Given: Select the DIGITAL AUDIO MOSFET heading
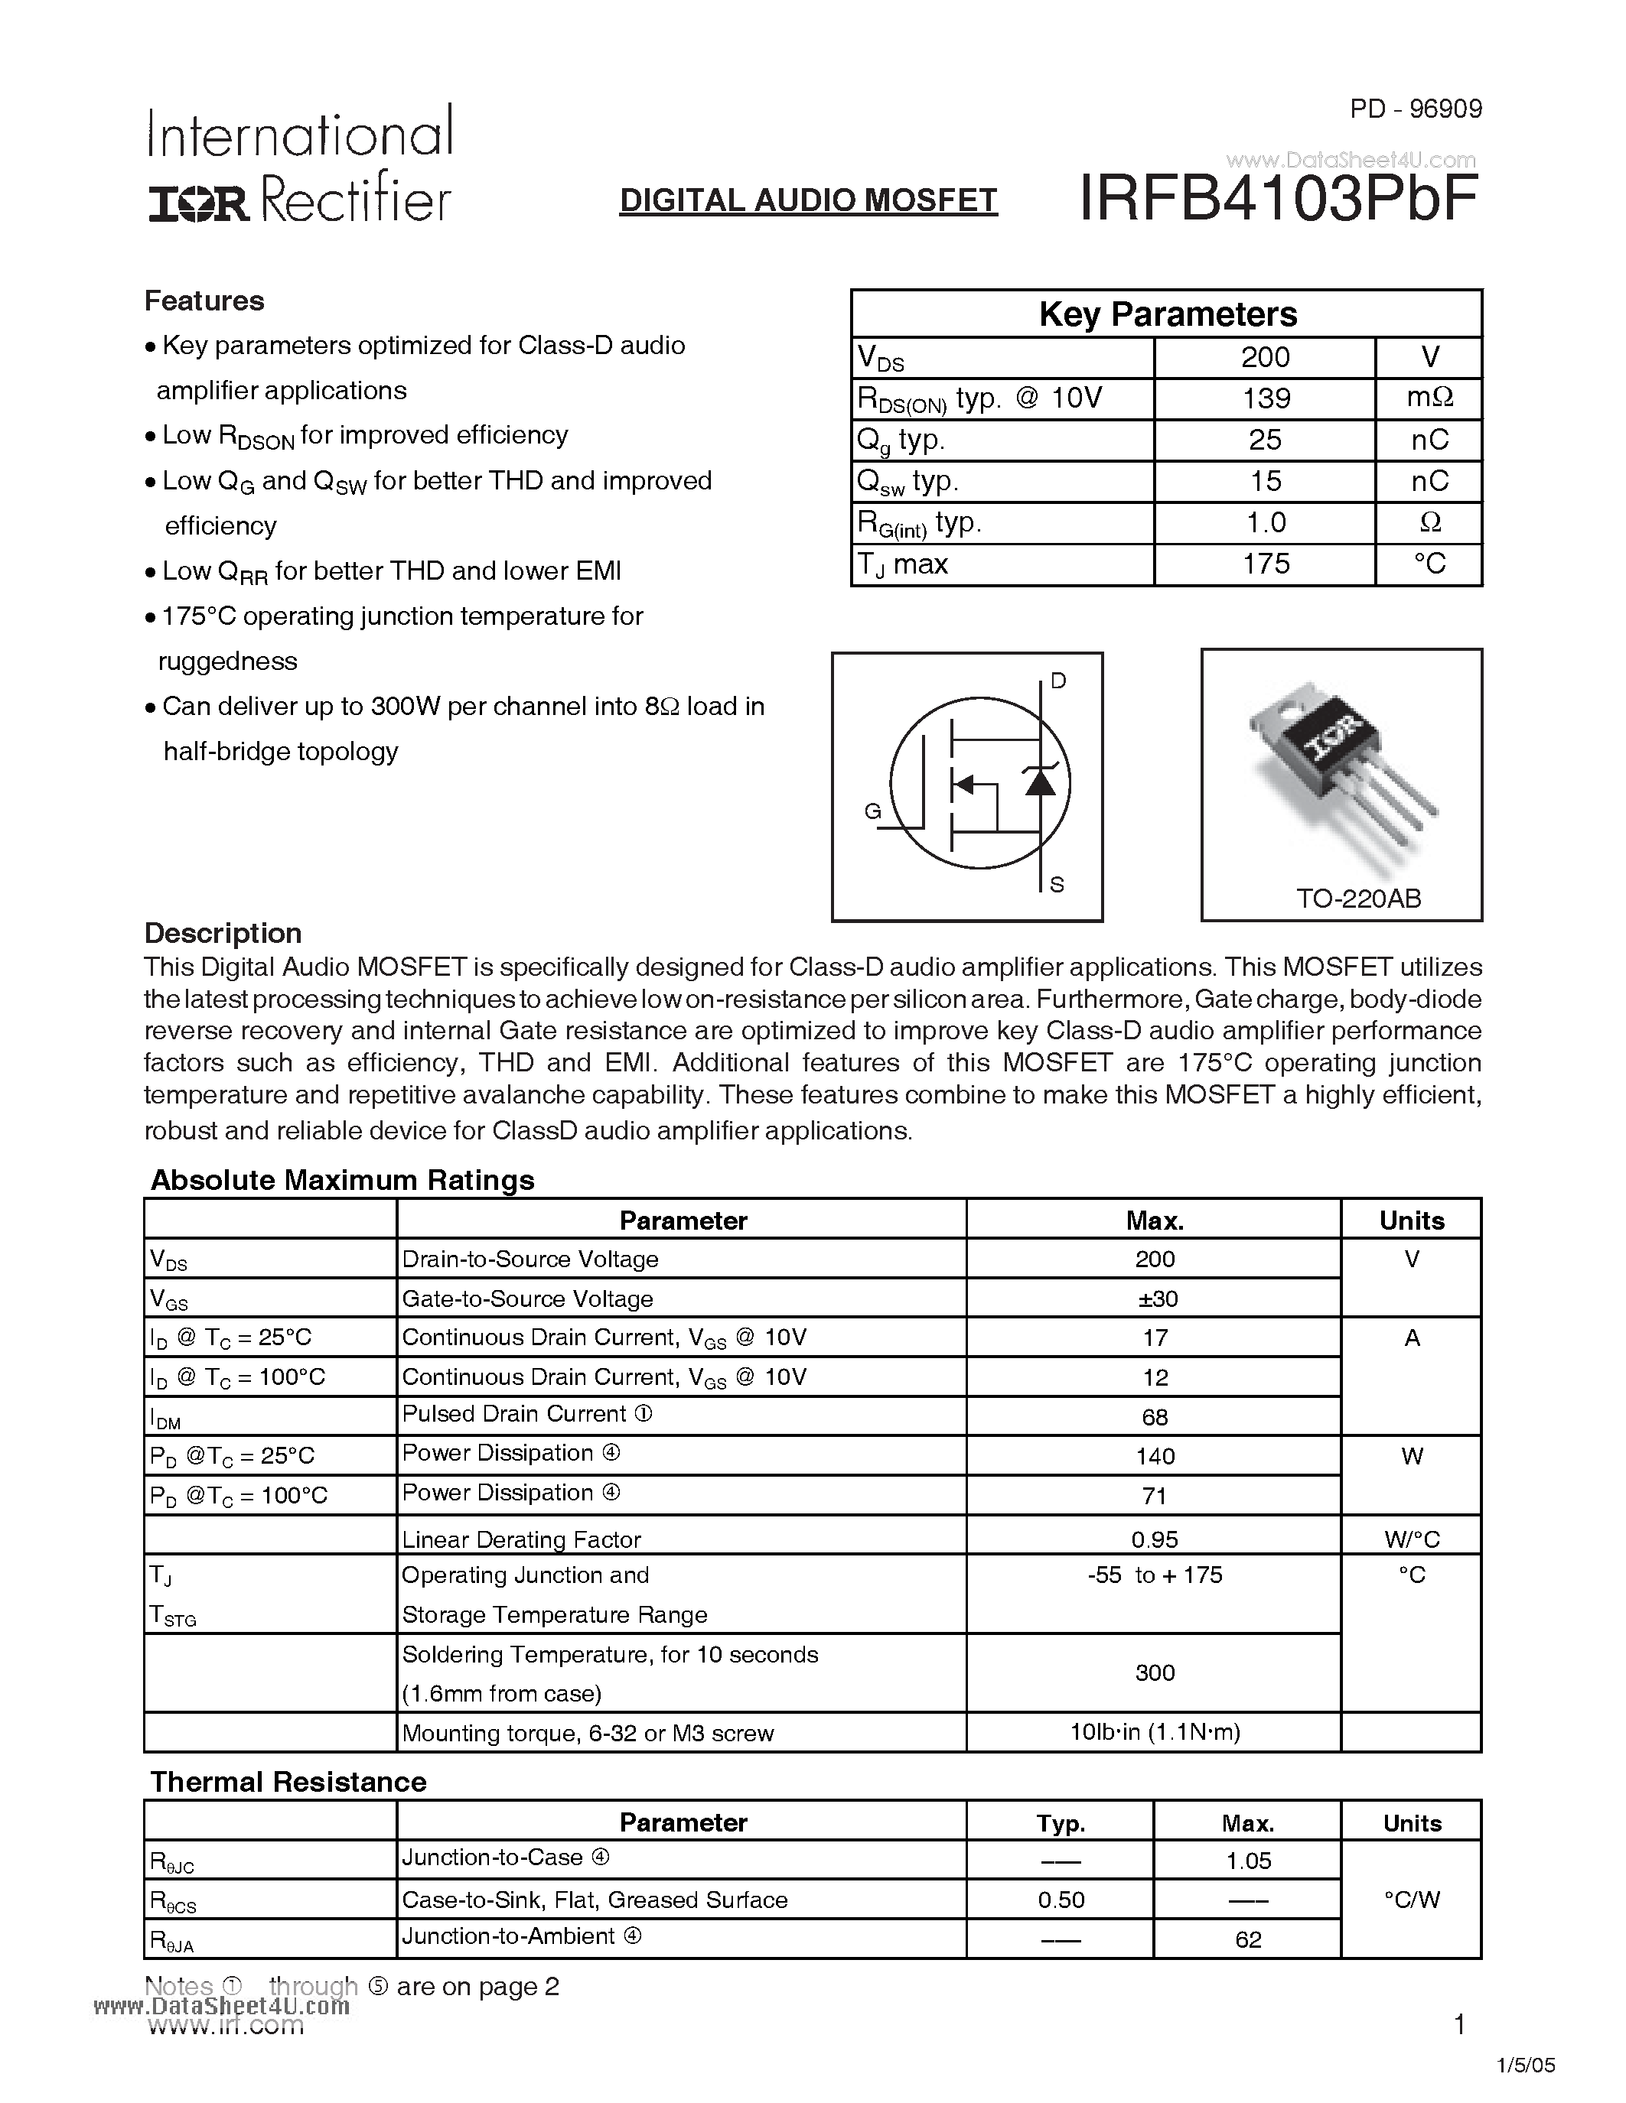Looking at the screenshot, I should point(808,200).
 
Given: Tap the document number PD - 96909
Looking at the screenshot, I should point(1415,109).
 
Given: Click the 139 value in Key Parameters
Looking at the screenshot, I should point(1265,398).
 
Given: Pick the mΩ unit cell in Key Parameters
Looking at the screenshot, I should point(1429,398).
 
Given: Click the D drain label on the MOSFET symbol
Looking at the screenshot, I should point(1057,681).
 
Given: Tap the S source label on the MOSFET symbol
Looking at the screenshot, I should point(1057,884).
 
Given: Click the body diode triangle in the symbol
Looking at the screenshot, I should point(1039,781).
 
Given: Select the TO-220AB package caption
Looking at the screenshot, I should point(1358,899).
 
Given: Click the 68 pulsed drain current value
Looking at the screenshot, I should point(1154,1416).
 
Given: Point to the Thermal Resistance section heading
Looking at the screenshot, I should point(288,1781).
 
